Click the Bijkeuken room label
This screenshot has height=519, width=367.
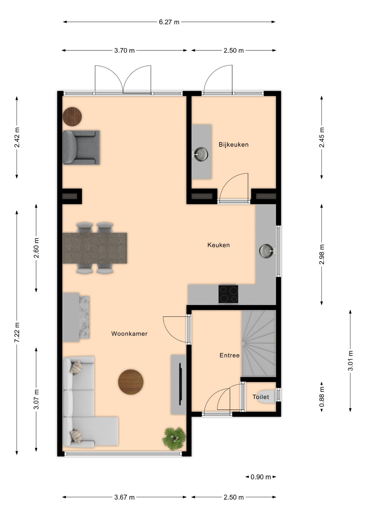pyautogui.click(x=233, y=145)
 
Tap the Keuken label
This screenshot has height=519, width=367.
pyautogui.click(x=219, y=245)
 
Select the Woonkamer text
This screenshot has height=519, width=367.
pyautogui.click(x=129, y=334)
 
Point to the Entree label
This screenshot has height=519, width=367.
pyautogui.click(x=229, y=355)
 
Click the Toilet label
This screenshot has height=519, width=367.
pyautogui.click(x=261, y=397)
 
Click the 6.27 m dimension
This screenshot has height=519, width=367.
pyautogui.click(x=169, y=22)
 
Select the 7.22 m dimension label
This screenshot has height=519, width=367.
pyautogui.click(x=17, y=332)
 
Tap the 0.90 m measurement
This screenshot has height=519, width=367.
pyautogui.click(x=261, y=477)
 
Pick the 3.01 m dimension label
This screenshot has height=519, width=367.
pyautogui.click(x=350, y=361)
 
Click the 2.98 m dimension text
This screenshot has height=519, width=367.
pyautogui.click(x=322, y=254)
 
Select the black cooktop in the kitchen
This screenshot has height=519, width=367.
pyautogui.click(x=228, y=294)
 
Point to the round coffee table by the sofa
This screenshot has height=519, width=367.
pyautogui.click(x=131, y=382)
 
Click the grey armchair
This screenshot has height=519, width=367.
pyautogui.click(x=81, y=148)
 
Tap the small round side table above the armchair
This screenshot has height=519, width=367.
pyautogui.click(x=72, y=117)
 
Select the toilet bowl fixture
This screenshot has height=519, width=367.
pyautogui.click(x=267, y=397)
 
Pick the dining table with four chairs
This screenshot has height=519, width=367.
pyautogui.click(x=95, y=248)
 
